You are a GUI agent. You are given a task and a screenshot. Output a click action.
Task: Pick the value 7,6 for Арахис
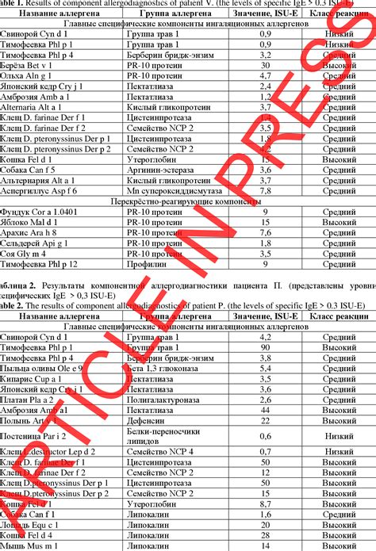click(267, 232)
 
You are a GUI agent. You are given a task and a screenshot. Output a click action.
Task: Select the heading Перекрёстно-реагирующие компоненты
click(187, 201)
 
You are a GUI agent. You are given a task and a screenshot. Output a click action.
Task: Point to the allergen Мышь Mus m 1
click(31, 545)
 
